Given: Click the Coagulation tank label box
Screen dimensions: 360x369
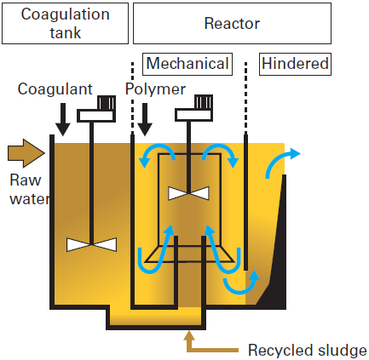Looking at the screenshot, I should (x=65, y=23).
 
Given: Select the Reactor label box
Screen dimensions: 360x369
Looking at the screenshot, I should (x=231, y=23).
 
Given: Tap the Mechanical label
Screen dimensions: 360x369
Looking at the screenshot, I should (x=187, y=64).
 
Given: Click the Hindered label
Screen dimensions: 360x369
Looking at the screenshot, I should (x=295, y=64).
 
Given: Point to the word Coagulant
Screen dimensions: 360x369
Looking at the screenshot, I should (x=55, y=89).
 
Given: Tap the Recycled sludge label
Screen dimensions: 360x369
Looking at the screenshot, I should (x=307, y=350).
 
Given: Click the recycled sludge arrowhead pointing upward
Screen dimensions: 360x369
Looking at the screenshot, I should (x=189, y=338).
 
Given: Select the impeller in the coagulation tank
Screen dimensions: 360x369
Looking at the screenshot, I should (x=91, y=244).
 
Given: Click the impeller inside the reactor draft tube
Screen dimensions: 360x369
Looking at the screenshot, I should (x=189, y=192).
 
